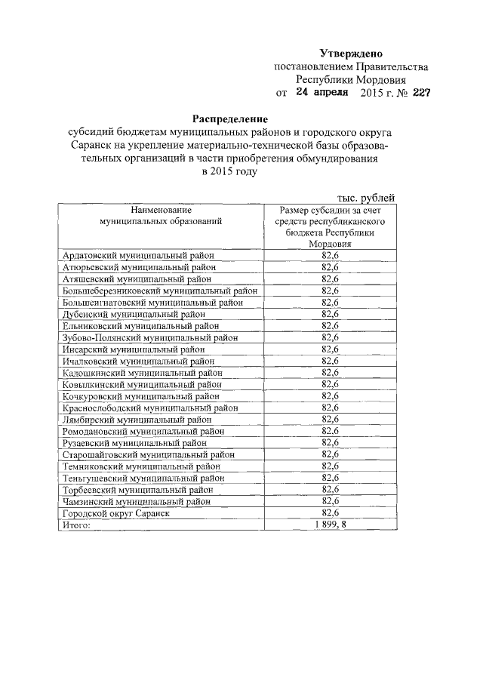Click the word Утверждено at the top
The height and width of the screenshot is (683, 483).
tap(351, 54)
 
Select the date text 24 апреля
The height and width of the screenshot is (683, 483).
tap(321, 93)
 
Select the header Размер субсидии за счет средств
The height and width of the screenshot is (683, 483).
tap(333, 215)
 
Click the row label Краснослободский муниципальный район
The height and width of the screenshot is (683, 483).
tap(149, 408)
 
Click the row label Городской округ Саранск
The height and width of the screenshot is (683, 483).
tap(115, 512)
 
